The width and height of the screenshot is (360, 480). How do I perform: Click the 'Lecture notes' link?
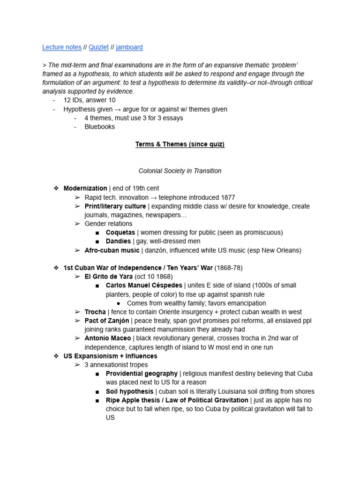[x=61, y=47]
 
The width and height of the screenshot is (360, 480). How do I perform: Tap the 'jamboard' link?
[x=129, y=47]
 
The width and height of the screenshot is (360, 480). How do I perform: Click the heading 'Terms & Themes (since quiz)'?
[x=180, y=144]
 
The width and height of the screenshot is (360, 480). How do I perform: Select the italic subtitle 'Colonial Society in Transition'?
[x=180, y=171]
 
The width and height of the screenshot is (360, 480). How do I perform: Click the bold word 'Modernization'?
[x=85, y=188]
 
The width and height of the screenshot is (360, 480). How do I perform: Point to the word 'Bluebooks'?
[x=99, y=127]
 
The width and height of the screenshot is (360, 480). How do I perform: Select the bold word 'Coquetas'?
[x=120, y=232]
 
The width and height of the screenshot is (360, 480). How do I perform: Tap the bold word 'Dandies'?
[x=118, y=241]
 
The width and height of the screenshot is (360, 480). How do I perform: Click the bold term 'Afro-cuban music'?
[x=112, y=250]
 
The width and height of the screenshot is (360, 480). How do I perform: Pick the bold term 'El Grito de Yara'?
[x=109, y=277]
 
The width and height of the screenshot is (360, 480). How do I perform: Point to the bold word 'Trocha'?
[x=95, y=312]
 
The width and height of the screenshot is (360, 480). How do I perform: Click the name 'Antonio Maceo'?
[x=107, y=338]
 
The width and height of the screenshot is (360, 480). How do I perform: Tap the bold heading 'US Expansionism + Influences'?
[x=111, y=356]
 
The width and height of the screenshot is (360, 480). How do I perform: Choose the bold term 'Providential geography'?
[x=142, y=374]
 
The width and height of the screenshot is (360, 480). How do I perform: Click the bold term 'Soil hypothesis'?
[x=129, y=391]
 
